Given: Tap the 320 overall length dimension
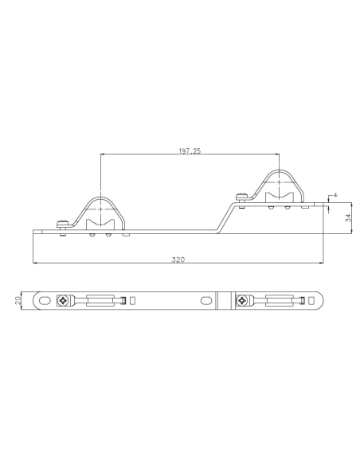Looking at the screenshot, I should point(180,260).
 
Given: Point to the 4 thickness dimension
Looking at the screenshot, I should point(337,194).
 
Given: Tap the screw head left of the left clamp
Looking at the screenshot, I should point(61,224).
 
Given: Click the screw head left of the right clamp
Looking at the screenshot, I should point(238,196).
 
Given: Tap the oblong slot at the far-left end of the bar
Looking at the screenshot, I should point(44,300).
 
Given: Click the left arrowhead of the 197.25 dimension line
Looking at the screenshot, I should point(103,154).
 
